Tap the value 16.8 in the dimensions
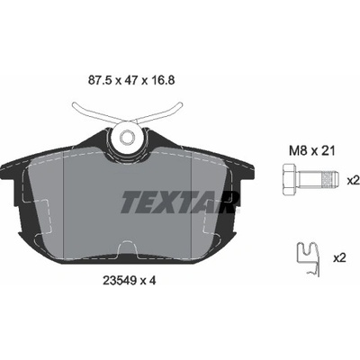pyautogui.click(x=163, y=80)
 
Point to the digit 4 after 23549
pyautogui.click(x=152, y=281)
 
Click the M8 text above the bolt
pyautogui.click(x=298, y=151)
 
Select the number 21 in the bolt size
pyautogui.click(x=328, y=151)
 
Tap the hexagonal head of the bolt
pyautogui.click(x=290, y=180)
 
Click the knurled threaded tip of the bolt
pyautogui.click(x=330, y=180)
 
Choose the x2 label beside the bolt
pyautogui.click(x=353, y=181)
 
